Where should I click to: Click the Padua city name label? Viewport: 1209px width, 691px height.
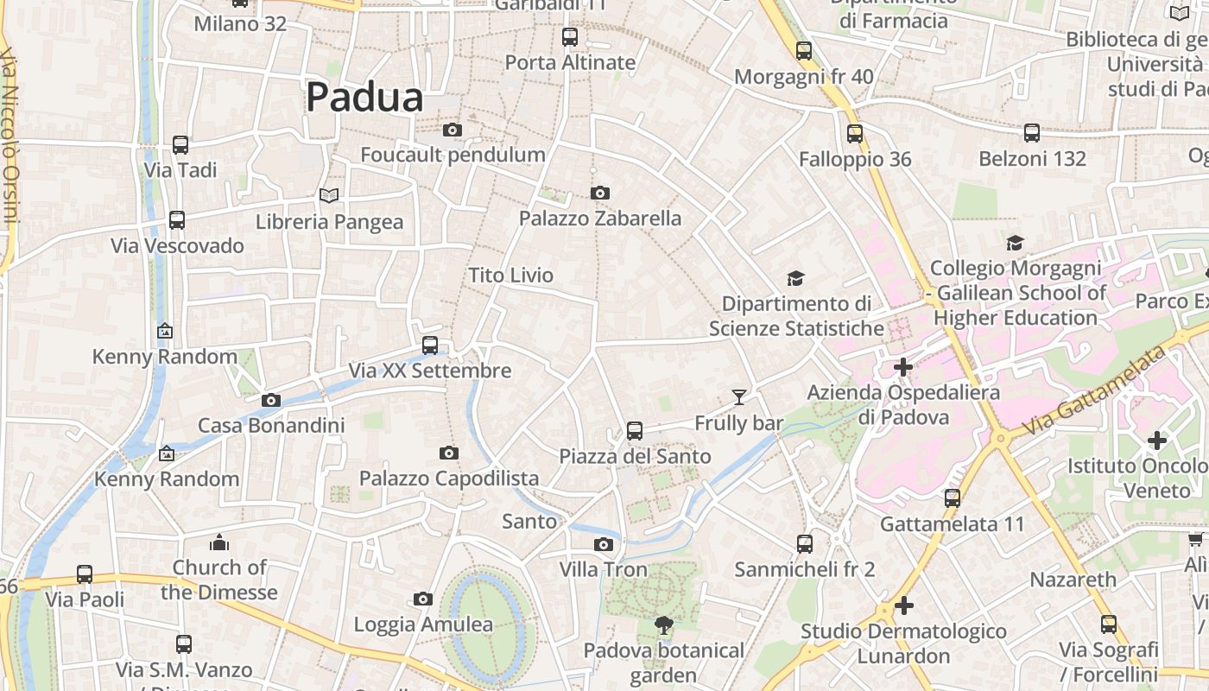(364, 98)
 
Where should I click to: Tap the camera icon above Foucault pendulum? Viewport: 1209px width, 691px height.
(452, 130)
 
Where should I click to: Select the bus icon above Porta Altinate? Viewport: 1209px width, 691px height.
(570, 37)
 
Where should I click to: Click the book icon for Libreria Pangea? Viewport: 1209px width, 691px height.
(329, 196)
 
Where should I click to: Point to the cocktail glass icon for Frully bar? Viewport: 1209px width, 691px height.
(739, 397)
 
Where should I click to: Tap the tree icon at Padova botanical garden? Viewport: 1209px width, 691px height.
(663, 624)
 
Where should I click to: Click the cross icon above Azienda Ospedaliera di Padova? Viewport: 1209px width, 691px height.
(903, 367)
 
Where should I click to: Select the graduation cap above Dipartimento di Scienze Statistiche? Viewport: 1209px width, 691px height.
(795, 278)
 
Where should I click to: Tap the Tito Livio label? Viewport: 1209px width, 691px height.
(510, 276)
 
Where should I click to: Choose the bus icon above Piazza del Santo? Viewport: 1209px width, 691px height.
(635, 430)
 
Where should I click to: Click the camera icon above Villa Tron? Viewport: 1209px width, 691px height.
(604, 544)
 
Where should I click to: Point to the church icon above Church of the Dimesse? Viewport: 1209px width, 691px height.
(219, 542)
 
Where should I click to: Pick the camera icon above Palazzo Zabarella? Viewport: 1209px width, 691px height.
(600, 193)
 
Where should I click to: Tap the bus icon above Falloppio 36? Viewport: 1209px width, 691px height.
(855, 134)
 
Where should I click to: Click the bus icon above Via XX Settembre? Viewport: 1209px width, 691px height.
(430, 345)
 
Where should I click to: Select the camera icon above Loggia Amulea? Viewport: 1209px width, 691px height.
(423, 599)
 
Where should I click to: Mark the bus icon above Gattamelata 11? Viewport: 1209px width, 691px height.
(953, 498)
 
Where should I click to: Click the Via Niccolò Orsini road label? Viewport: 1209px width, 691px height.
(9, 138)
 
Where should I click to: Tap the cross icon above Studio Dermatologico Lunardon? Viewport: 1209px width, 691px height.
(903, 605)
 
